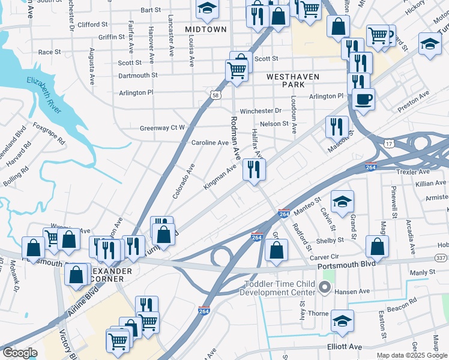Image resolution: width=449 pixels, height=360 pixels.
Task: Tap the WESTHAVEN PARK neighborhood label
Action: coord(294,81)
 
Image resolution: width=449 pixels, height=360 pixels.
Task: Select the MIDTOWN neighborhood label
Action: coord(206,29)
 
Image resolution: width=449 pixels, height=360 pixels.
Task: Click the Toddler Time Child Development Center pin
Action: coord(325,287)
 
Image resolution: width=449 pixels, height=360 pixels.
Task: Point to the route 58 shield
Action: coord(215,94)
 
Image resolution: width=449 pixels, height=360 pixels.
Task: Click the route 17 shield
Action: coord(389,144)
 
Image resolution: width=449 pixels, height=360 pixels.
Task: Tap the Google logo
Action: coord(20,353)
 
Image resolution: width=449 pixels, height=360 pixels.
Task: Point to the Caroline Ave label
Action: coord(209,143)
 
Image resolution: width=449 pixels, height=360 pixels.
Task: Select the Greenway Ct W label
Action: coord(162,128)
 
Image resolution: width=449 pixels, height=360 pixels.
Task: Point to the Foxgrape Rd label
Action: coord(49,134)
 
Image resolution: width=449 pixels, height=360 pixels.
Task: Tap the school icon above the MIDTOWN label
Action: coord(207,9)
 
